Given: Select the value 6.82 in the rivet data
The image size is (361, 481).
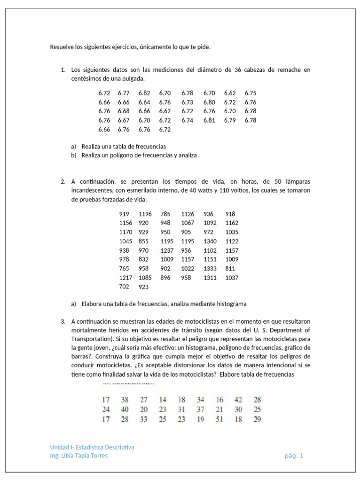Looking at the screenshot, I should [x=144, y=93].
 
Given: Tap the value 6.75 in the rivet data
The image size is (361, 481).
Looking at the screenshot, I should [x=251, y=93].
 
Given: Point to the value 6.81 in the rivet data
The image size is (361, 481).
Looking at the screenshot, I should [x=209, y=120].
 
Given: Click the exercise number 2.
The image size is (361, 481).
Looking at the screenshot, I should [x=63, y=181].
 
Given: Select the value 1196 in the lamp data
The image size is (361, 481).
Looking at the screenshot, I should [x=145, y=214].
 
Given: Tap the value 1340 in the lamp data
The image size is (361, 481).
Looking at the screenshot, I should [x=211, y=241].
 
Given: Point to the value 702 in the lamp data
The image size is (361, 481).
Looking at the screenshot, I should [x=125, y=286].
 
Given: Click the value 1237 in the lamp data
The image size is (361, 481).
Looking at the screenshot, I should [x=167, y=250].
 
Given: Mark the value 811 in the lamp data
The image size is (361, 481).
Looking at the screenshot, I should [x=230, y=269].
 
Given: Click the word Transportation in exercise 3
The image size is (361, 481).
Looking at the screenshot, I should [x=91, y=339].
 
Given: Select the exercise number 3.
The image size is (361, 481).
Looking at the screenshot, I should [x=63, y=321].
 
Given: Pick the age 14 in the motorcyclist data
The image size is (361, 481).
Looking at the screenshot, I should [x=162, y=400].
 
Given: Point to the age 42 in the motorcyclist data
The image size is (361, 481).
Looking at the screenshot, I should [x=238, y=400].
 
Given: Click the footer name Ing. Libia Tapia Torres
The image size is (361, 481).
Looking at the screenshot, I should [x=78, y=456].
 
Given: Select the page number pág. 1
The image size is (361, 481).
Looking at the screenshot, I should [x=294, y=456].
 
